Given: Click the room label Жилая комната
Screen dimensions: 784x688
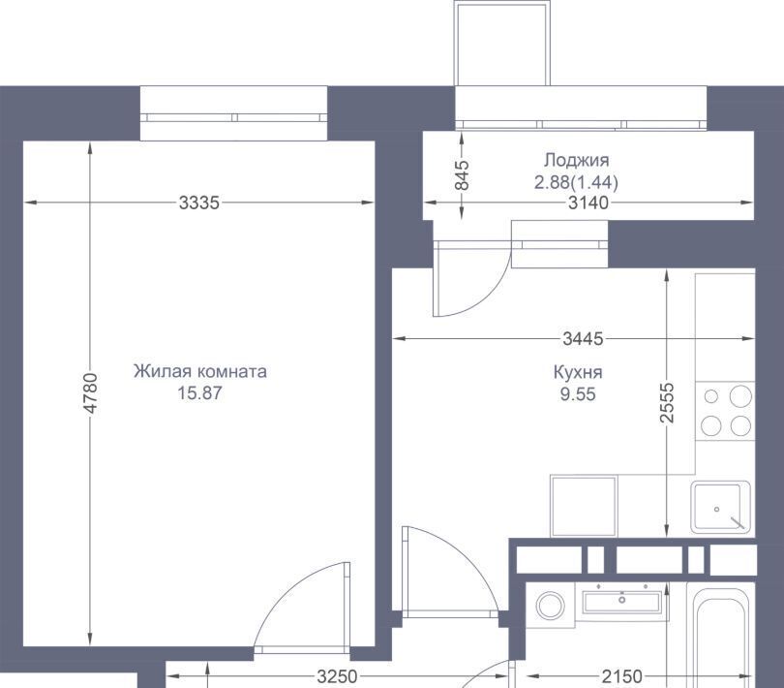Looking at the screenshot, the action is (x=200, y=371).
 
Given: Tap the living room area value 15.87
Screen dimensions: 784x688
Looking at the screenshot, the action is (x=199, y=393).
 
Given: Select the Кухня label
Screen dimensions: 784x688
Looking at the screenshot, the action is (x=578, y=372).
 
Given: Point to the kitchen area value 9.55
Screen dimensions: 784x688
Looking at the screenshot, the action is (x=578, y=394).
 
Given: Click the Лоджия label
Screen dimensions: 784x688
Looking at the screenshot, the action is (x=577, y=160).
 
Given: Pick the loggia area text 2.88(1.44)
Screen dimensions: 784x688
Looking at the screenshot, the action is (x=576, y=182).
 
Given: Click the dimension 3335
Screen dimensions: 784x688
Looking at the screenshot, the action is (x=199, y=203).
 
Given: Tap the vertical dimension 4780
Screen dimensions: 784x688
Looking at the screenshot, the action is (x=90, y=393).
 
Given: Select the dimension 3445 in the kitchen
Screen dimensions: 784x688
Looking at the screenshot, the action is (x=583, y=339).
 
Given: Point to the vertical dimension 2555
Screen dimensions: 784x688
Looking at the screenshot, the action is (x=667, y=402).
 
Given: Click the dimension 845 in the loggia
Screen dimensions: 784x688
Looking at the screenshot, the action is (x=462, y=174).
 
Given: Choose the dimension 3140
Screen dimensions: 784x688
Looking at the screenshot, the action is (x=588, y=203).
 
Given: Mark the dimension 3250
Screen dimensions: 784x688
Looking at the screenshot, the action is (x=337, y=676).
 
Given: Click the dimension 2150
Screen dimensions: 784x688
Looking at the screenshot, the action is (x=622, y=676).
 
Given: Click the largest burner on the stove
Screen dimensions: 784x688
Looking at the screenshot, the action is (x=740, y=396).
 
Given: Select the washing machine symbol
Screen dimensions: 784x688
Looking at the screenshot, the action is (x=550, y=606).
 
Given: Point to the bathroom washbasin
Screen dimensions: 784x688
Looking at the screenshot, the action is (x=622, y=602).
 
